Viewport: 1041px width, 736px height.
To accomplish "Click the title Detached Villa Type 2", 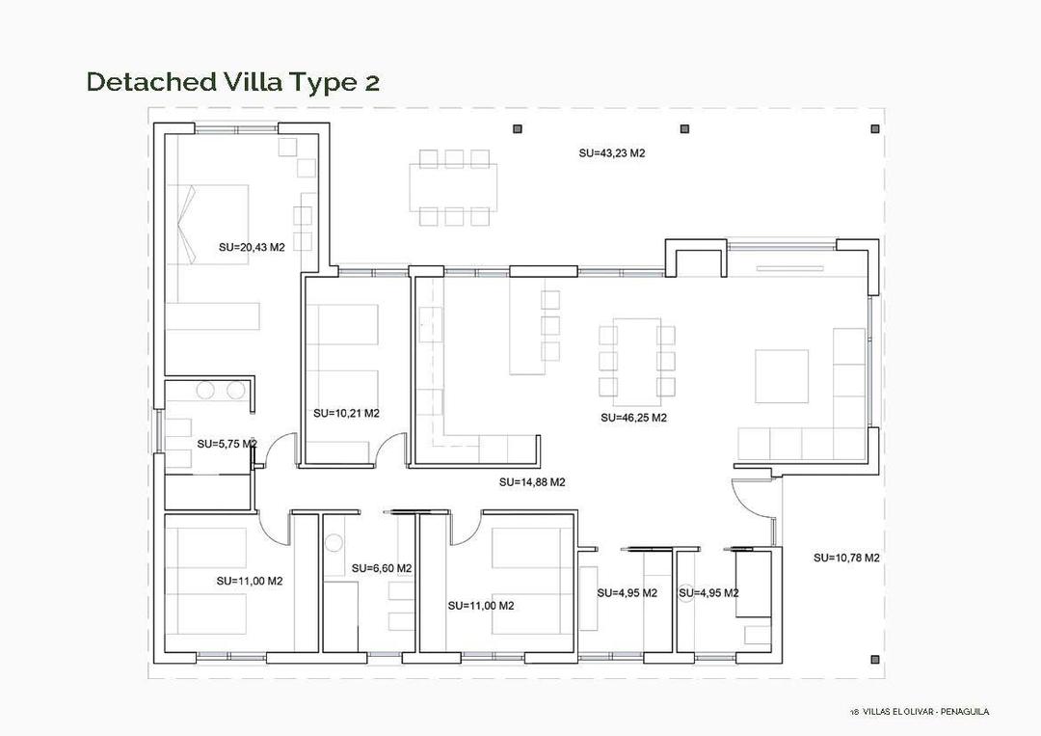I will coord(233,82).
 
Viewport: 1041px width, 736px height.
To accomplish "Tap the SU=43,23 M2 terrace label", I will coord(611,153).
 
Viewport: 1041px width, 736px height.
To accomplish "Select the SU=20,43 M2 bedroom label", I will coord(252,247).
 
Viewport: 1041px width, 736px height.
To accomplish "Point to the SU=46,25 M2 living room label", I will coord(633,419).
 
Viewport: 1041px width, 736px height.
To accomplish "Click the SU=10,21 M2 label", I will coord(346,413).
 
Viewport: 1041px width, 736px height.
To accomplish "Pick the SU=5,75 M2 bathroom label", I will coord(227,444).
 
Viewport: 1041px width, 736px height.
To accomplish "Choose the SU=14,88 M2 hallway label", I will coord(532,482).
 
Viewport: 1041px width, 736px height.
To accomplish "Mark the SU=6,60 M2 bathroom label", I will coord(382,568).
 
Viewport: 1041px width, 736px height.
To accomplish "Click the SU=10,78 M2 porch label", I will coord(846,558).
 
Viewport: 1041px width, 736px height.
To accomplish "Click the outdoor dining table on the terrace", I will coord(453,187).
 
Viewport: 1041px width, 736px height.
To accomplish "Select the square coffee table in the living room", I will coord(781,376).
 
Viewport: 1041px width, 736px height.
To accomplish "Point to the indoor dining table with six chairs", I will coord(637,361).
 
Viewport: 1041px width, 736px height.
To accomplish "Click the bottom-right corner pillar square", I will coord(874,660).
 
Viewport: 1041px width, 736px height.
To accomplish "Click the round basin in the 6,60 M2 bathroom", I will coord(334,542).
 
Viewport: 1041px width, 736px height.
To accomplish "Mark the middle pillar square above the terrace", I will coord(684,128).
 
